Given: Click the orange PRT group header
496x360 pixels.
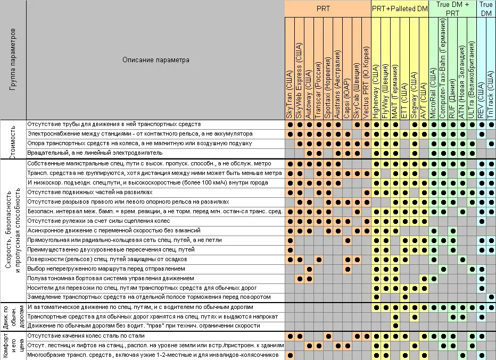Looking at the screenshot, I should click(327, 9).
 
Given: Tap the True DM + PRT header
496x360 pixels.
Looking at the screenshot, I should click(452, 9).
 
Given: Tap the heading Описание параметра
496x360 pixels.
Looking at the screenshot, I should click(155, 60).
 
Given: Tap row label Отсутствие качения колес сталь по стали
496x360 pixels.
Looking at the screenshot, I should click(95, 336).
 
